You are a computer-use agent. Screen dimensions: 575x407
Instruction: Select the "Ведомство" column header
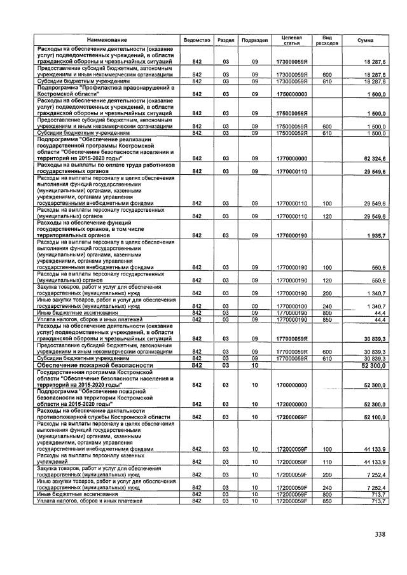click(x=197, y=40)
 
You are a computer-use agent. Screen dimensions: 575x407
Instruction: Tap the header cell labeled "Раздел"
click(x=225, y=40)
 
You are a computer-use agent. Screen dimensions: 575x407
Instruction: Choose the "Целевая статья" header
click(x=291, y=40)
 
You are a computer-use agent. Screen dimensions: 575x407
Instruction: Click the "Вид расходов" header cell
click(x=328, y=40)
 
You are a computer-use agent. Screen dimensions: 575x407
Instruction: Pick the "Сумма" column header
click(x=365, y=40)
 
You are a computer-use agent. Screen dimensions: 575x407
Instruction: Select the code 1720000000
click(x=292, y=404)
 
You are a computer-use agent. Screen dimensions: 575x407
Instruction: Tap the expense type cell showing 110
click(x=328, y=461)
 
